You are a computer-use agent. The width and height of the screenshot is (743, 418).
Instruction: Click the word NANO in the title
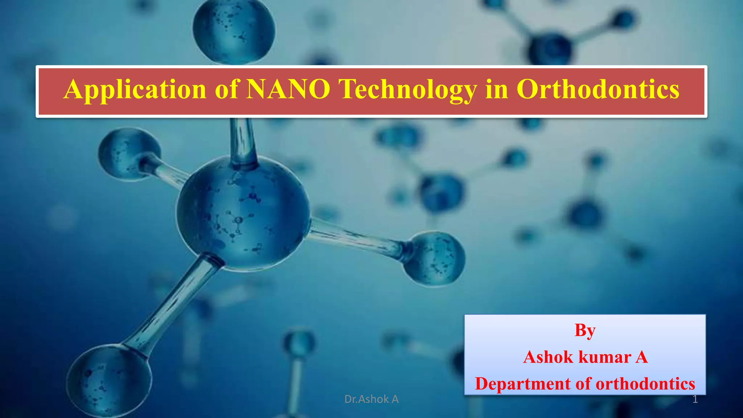pyautogui.click(x=288, y=89)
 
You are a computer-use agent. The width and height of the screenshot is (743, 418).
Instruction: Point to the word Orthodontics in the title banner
pyautogui.click(x=598, y=89)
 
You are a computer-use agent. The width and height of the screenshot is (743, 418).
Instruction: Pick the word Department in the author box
pyautogui.click(x=522, y=384)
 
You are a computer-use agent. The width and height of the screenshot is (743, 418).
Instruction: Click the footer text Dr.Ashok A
pyautogui.click(x=371, y=399)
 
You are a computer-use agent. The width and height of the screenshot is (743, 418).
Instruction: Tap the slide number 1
pyautogui.click(x=695, y=399)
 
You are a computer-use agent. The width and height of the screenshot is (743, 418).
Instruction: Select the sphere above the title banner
pyautogui.click(x=234, y=31)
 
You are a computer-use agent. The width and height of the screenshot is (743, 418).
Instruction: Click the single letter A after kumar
pyautogui.click(x=641, y=357)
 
